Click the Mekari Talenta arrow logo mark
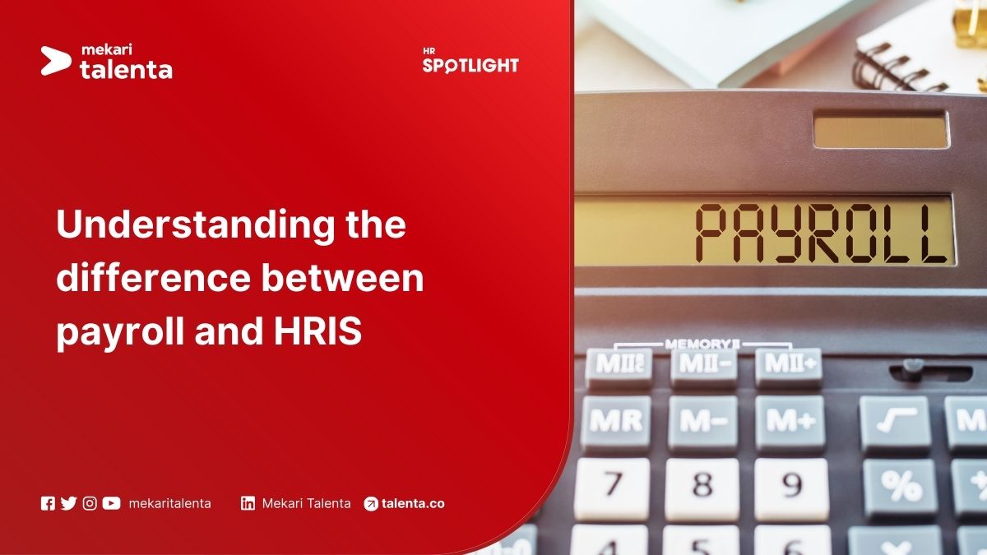pos(55,61)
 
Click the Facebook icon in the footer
pos(48,503)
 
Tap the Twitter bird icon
pos(68,503)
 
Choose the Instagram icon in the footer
pos(90,503)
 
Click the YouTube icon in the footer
pos(111,503)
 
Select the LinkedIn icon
pos(248,503)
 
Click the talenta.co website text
pos(413,503)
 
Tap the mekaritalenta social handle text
pos(169,503)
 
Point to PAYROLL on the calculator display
pos(821,231)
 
